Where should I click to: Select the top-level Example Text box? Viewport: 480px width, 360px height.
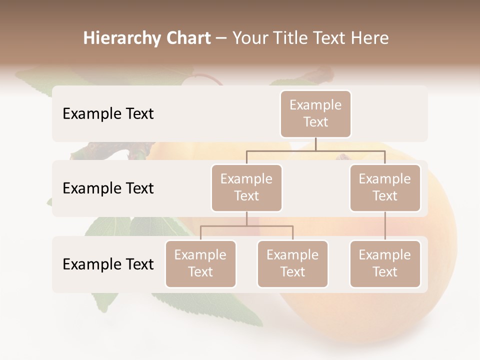(x=315, y=114)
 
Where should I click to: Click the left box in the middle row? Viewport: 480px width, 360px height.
(x=246, y=188)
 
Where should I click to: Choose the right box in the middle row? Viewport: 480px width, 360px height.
(x=384, y=188)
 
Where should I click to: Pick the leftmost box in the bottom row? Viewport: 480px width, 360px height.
(x=200, y=264)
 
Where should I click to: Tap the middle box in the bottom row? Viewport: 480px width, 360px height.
(x=292, y=264)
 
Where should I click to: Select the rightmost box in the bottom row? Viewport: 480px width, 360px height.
(x=384, y=264)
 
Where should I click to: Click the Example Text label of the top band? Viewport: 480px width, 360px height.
(x=108, y=114)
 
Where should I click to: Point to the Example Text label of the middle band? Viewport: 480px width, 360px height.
(x=108, y=188)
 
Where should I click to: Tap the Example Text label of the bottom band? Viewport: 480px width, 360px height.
(x=108, y=264)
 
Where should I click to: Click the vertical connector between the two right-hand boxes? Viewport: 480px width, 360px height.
(x=385, y=226)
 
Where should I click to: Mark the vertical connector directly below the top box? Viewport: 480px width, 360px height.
(x=315, y=144)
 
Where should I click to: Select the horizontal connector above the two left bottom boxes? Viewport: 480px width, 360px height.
(x=246, y=226)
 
